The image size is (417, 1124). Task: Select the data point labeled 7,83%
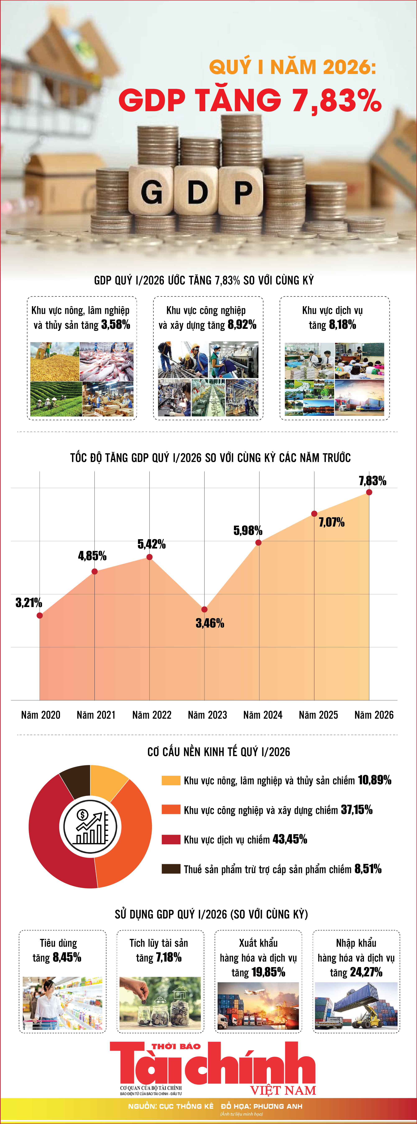click(x=369, y=492)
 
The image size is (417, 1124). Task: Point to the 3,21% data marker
click(x=40, y=615)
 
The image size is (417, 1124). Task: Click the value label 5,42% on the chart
click(x=151, y=544)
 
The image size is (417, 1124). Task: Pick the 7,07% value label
click(x=332, y=522)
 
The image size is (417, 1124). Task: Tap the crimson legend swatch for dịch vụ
click(x=171, y=839)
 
